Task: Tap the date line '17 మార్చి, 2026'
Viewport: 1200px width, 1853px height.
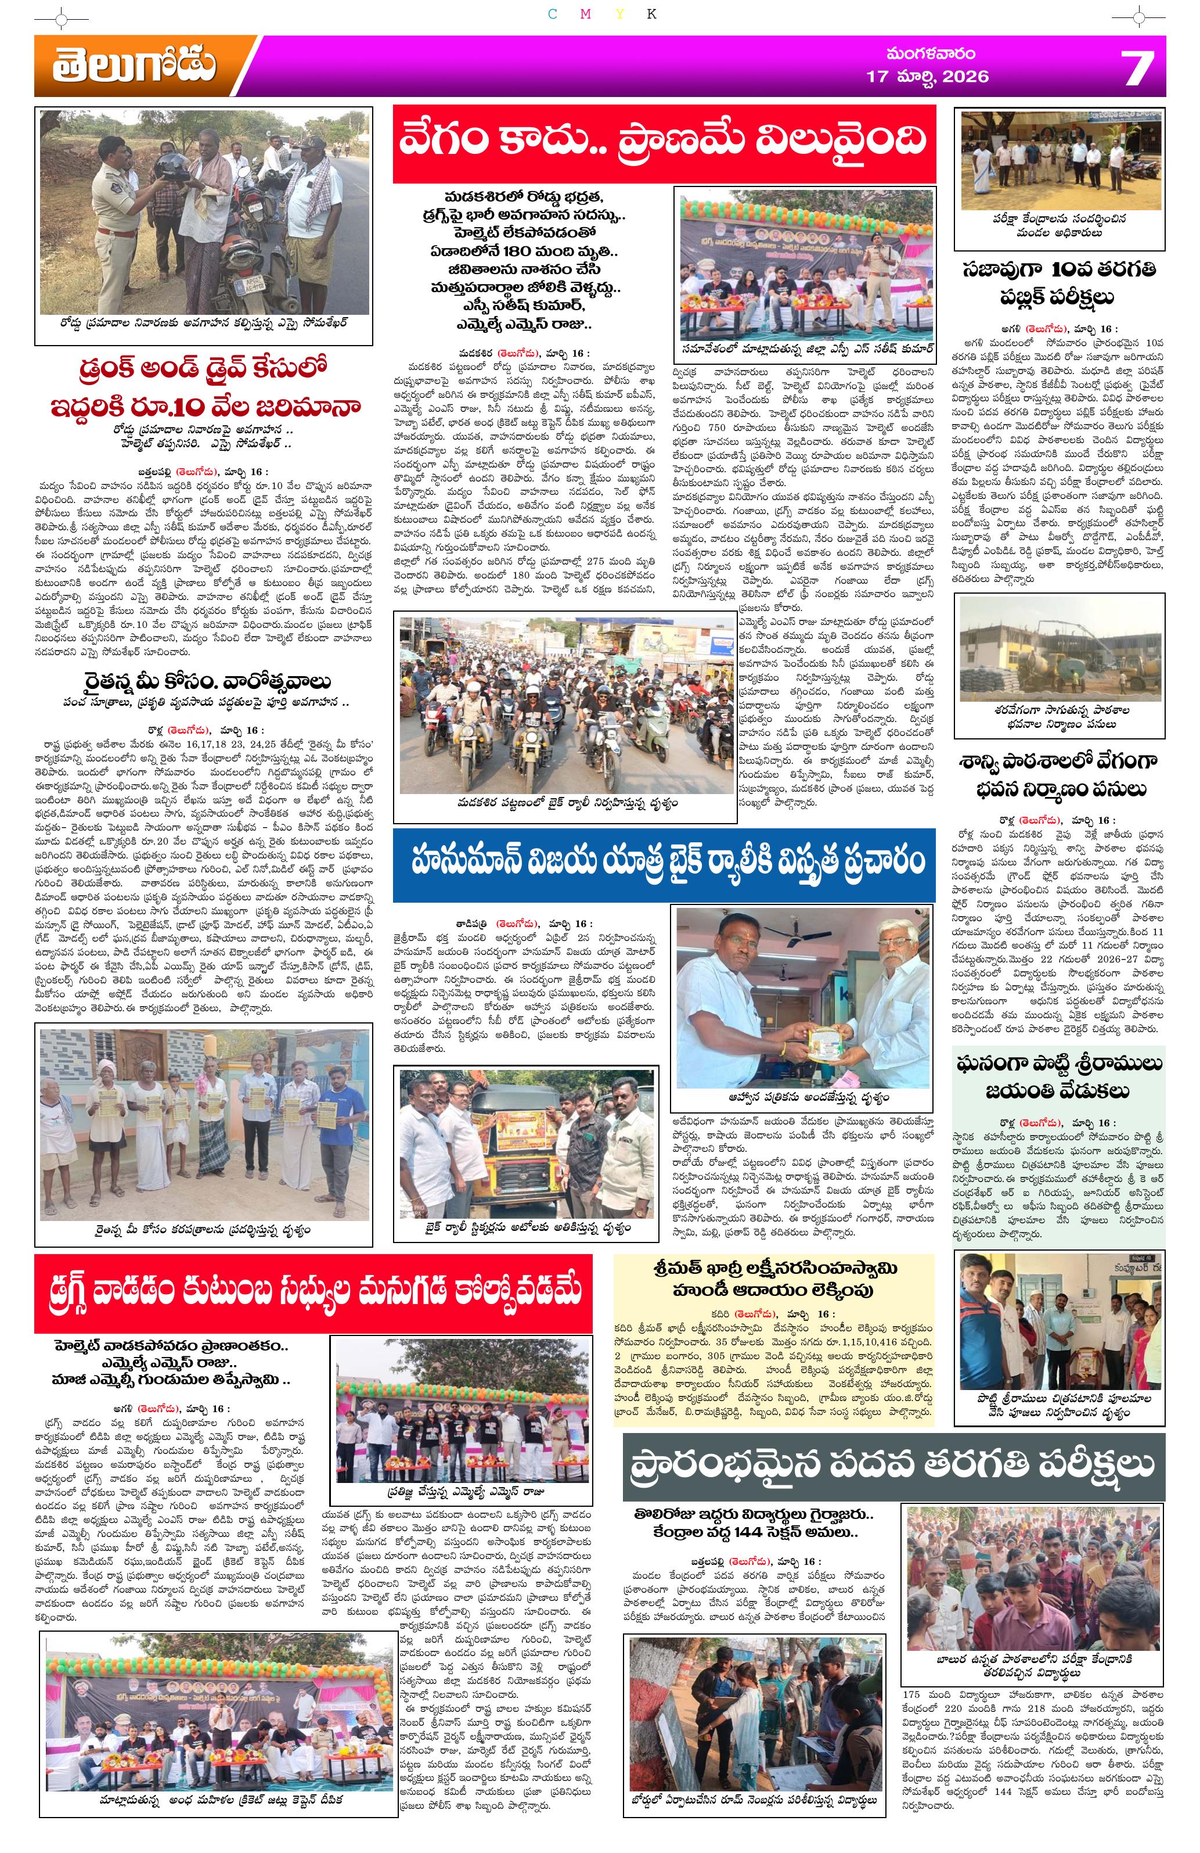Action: click(x=928, y=76)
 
